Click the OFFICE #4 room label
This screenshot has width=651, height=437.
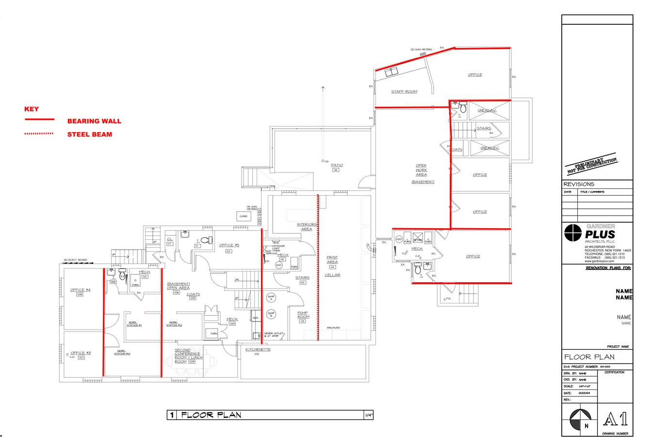(81, 290)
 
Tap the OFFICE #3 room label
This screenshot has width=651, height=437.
(81, 353)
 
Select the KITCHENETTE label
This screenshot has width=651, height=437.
(258, 350)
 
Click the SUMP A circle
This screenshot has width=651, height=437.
(270, 297)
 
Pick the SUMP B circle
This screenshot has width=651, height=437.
(270, 313)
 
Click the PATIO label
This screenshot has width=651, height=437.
(337, 166)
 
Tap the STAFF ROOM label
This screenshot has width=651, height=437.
(404, 91)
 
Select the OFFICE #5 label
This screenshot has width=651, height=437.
(229, 245)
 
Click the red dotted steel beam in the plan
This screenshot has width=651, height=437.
(318, 267)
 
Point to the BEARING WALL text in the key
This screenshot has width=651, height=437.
(94, 121)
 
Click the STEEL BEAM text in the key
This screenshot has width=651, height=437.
(90, 134)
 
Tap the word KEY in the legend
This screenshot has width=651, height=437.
(32, 109)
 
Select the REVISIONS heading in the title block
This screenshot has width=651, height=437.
(579, 185)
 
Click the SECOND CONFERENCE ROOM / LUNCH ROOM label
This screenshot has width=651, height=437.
(187, 355)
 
